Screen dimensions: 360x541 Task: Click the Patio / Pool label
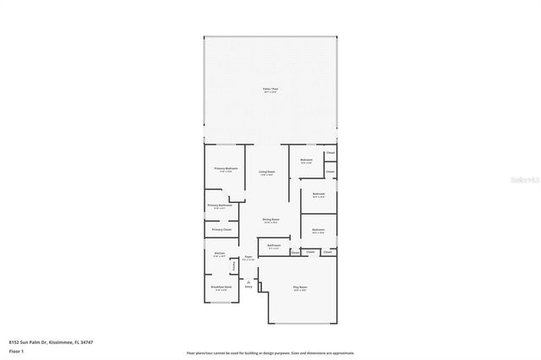tap(270, 89)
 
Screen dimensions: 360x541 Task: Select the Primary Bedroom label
tap(226, 169)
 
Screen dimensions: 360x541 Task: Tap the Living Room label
tap(267, 172)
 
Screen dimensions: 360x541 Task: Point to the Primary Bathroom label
tap(219, 205)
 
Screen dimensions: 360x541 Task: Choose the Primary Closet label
tap(221, 229)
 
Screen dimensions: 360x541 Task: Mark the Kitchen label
tap(219, 254)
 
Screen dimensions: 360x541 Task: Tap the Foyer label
tap(249, 257)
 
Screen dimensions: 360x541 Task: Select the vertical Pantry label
tap(234, 266)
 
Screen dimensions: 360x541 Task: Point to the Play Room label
tap(300, 287)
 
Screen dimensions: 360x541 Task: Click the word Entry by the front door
tap(249, 287)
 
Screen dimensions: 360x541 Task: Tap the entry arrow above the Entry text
tap(249, 281)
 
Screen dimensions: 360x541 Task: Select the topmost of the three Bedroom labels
tap(306, 161)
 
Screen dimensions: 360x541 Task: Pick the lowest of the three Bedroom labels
tap(318, 230)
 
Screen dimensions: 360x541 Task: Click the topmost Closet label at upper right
tap(331, 153)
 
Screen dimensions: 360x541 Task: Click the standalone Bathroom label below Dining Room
tap(274, 246)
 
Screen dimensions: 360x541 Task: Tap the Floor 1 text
tap(15, 350)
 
